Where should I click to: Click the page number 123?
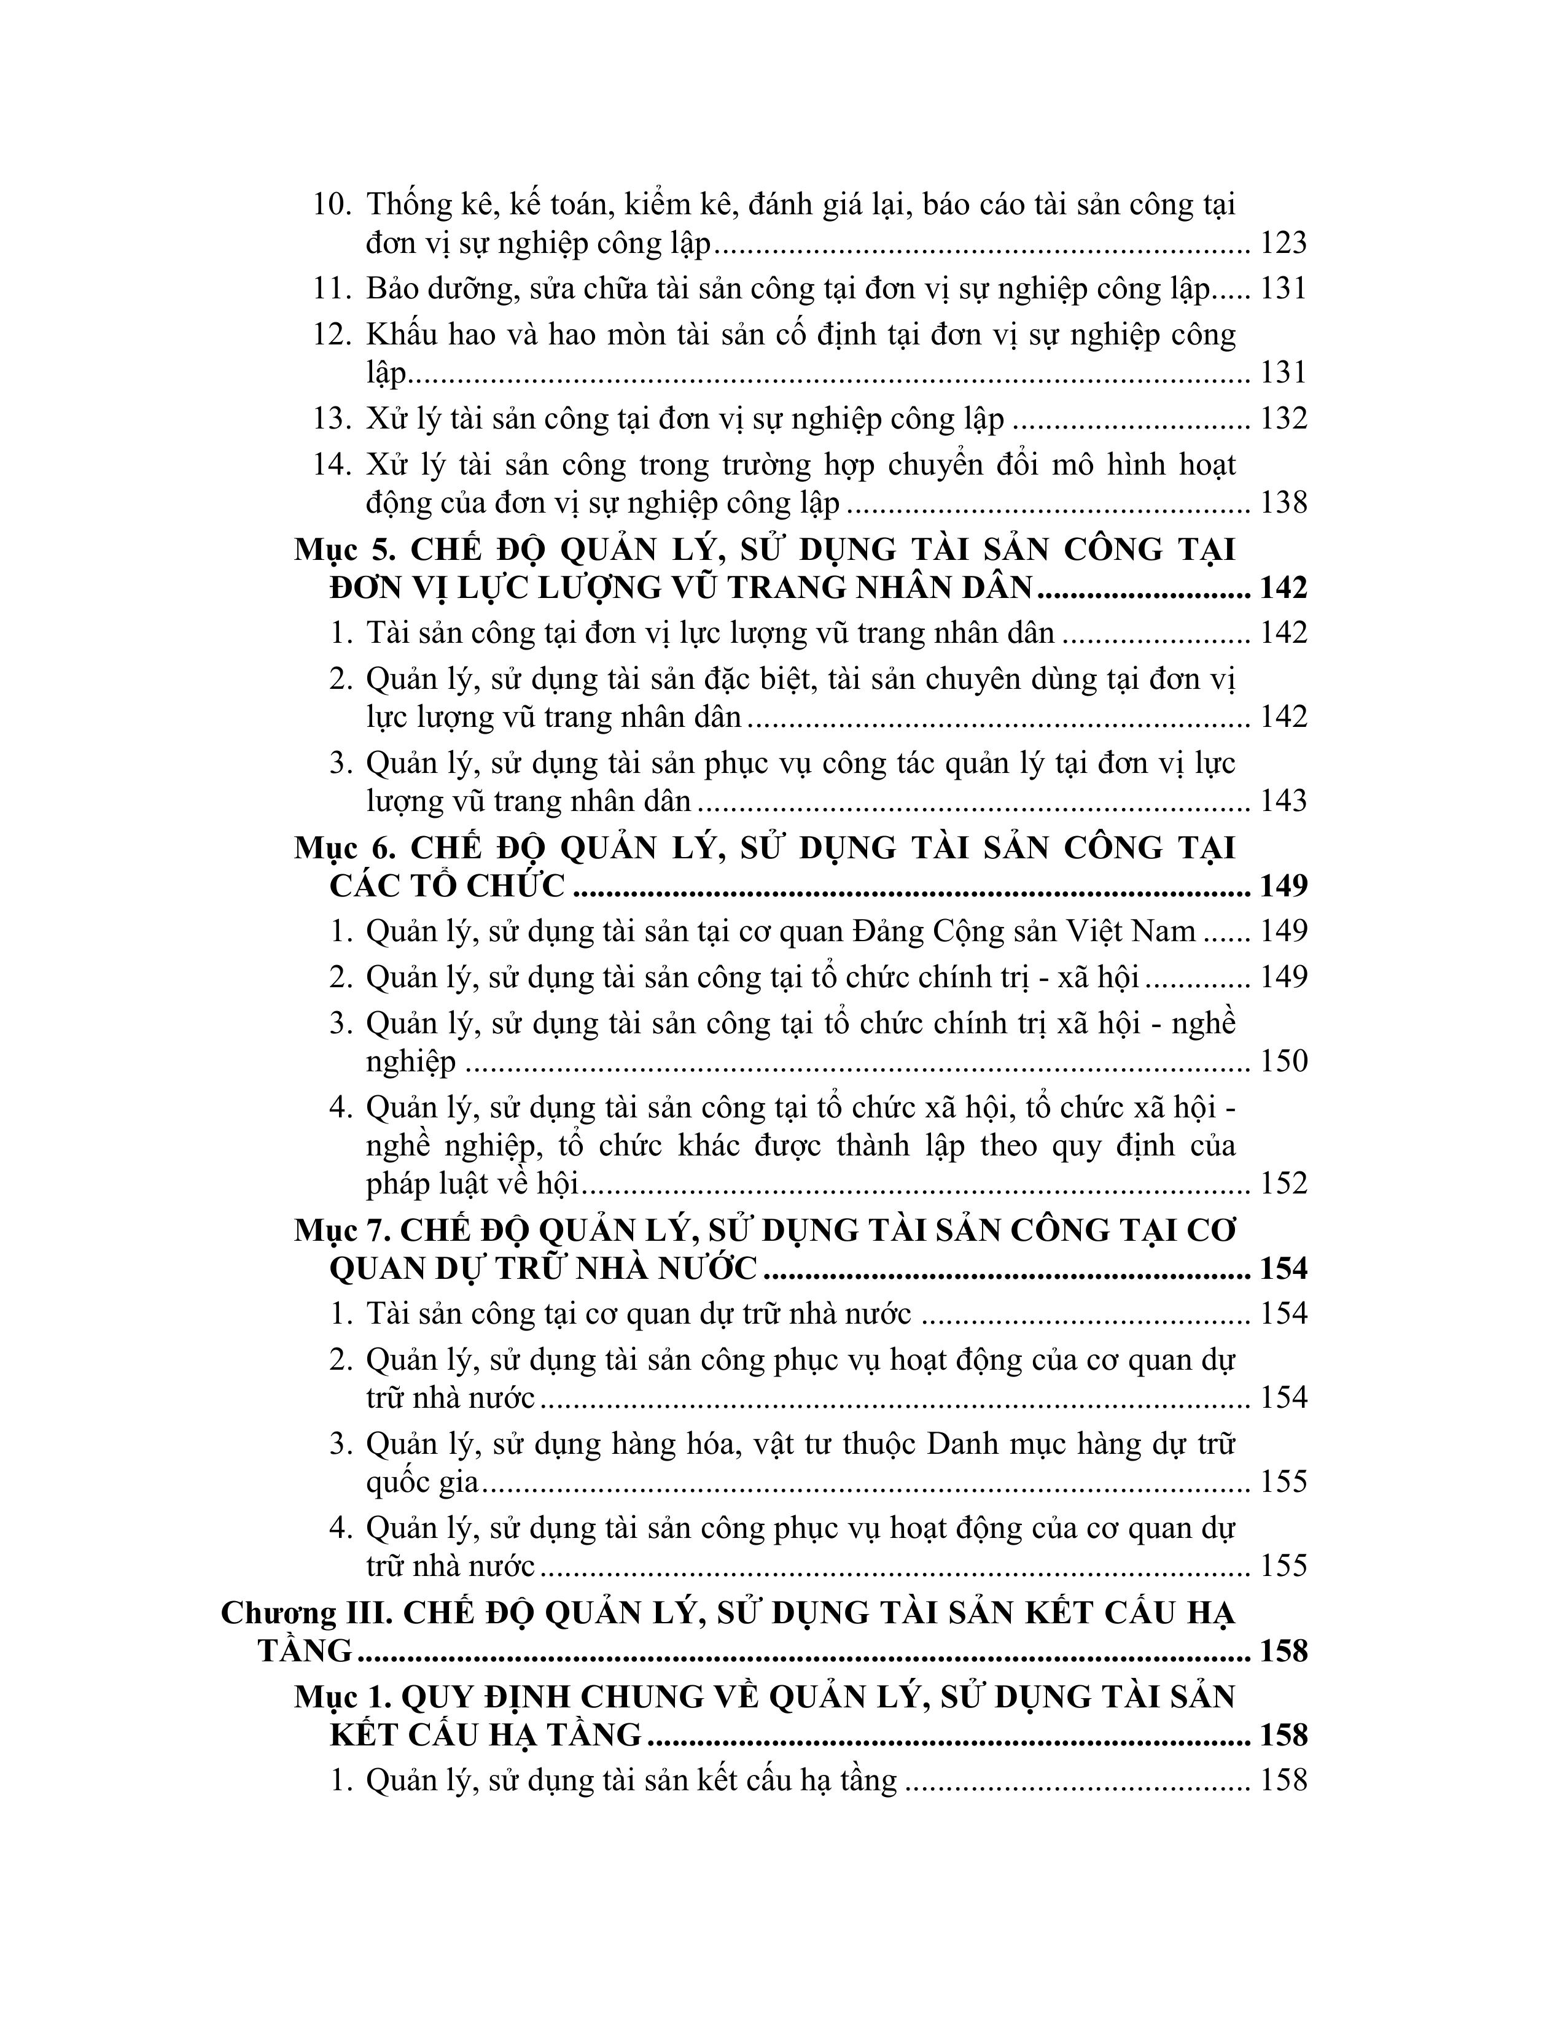click(1283, 244)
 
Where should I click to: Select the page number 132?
click(1283, 419)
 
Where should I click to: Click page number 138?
click(1283, 503)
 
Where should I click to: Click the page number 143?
click(1283, 801)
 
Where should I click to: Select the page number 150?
click(1283, 1062)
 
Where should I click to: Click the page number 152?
click(1283, 1184)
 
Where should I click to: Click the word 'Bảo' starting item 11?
click(392, 289)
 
